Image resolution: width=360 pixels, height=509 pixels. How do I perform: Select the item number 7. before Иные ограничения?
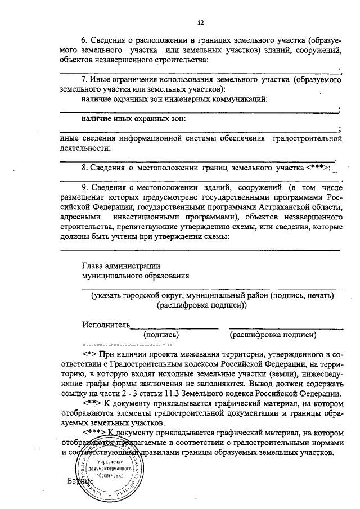(x=85, y=80)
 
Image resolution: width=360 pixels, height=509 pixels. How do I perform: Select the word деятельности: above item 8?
(x=84, y=148)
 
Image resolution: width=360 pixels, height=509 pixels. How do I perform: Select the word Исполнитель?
(x=106, y=325)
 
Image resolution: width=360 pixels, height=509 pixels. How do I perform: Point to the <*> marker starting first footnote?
(x=90, y=354)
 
